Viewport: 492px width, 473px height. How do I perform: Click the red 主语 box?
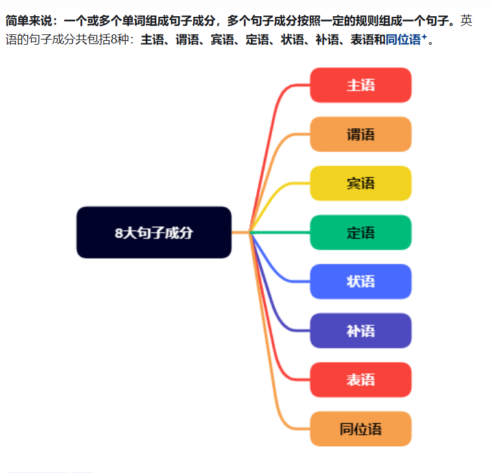pyautogui.click(x=360, y=85)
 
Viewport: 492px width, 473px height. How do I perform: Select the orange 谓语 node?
pyautogui.click(x=360, y=134)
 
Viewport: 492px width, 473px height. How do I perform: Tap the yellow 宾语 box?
pyautogui.click(x=360, y=183)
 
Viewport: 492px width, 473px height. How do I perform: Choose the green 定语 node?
pyautogui.click(x=360, y=232)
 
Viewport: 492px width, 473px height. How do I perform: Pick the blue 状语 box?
pyautogui.click(x=360, y=281)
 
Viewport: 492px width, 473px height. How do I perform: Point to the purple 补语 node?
pyautogui.click(x=360, y=330)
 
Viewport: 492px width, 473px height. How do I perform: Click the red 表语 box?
pyautogui.click(x=360, y=380)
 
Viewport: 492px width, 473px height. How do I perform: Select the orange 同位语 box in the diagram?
pyautogui.click(x=360, y=429)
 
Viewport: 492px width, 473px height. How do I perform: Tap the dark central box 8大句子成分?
pyautogui.click(x=154, y=233)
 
